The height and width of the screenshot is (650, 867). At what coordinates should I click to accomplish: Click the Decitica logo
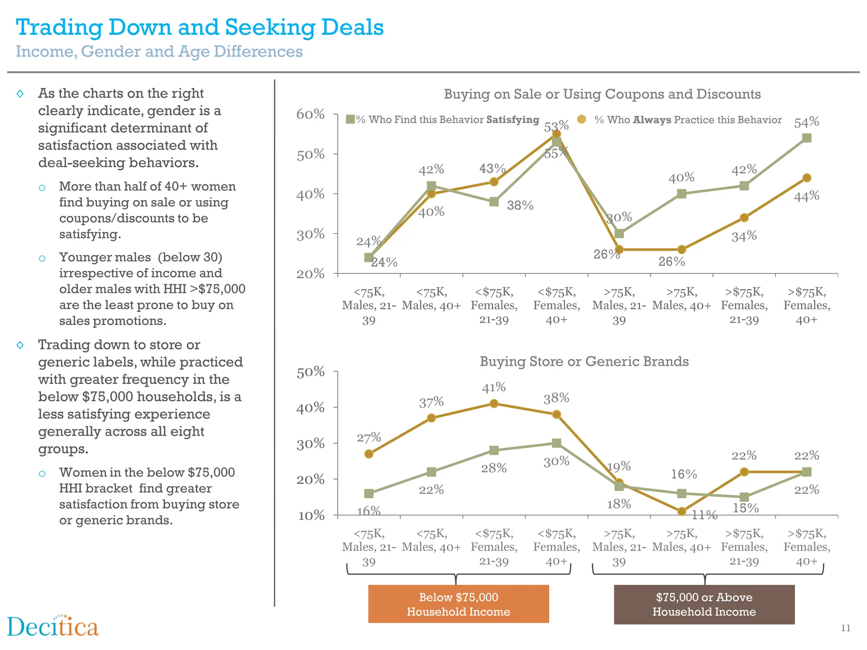[x=53, y=626]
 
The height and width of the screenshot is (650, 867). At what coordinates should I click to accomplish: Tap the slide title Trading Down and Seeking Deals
[x=200, y=28]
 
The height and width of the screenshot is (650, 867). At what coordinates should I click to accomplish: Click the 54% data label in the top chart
[x=806, y=122]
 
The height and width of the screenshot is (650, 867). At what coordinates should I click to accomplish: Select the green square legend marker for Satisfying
[x=350, y=119]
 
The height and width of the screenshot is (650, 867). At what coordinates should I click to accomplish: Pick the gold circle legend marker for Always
[x=582, y=119]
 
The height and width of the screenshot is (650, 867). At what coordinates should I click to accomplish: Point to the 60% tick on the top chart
[x=310, y=114]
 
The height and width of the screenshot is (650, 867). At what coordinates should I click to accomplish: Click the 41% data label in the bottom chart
[x=494, y=387]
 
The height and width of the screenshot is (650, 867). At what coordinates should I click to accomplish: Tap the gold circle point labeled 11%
[x=682, y=512]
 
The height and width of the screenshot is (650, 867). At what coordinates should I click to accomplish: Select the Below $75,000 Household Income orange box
[x=458, y=604]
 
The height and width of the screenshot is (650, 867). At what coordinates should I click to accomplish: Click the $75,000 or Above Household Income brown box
[x=704, y=604]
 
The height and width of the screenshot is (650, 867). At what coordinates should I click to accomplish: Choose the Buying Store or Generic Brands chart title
[x=584, y=361]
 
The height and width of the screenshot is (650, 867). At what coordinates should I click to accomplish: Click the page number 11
[x=845, y=628]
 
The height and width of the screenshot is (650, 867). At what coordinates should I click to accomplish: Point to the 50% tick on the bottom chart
[x=310, y=372]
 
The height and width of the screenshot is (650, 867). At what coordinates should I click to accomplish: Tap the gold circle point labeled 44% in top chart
[x=806, y=178]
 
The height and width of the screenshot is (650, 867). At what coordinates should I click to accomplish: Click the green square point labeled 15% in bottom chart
[x=744, y=497]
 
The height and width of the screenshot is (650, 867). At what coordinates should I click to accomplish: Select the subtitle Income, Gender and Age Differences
[x=159, y=52]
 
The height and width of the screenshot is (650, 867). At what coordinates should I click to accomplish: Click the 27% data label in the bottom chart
[x=369, y=438]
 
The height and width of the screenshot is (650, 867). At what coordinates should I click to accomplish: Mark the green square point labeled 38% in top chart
[x=494, y=202]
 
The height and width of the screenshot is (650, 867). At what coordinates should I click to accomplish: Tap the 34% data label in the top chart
[x=744, y=236]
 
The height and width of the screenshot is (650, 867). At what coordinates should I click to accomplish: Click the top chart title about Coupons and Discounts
[x=602, y=94]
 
